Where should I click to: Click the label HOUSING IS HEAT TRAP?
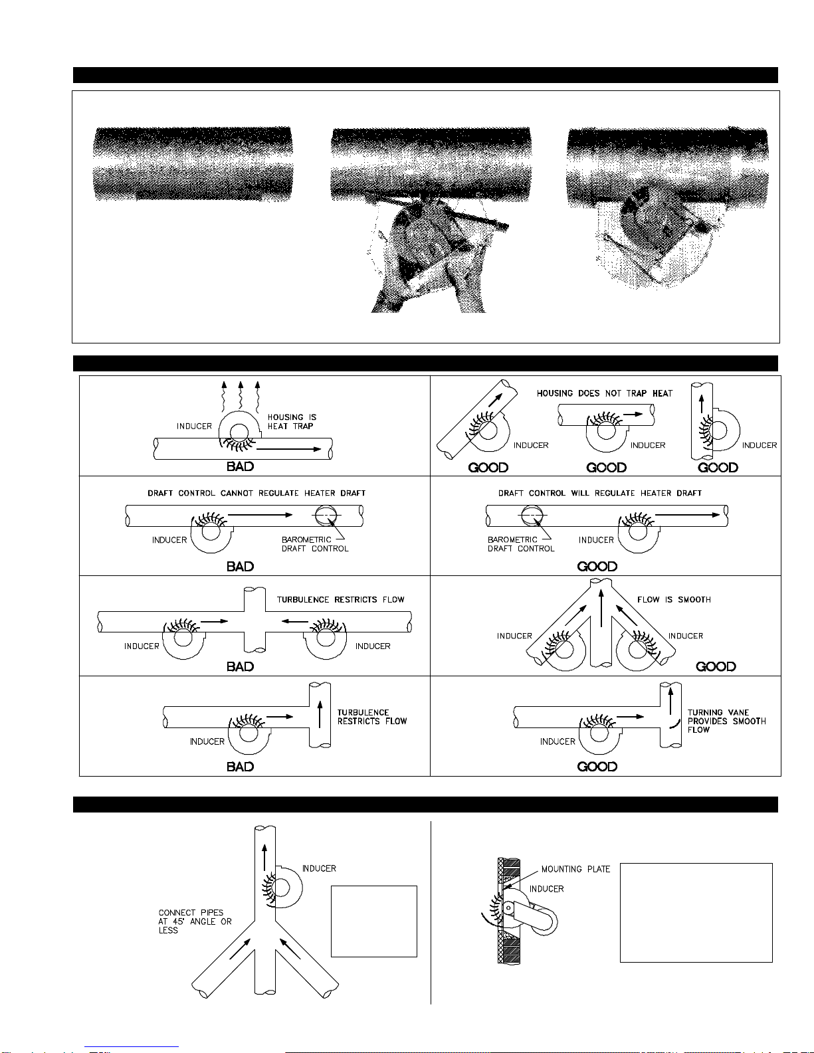tap(292, 422)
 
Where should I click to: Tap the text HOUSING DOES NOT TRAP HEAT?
tap(604, 393)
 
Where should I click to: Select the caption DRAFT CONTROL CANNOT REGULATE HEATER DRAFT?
tap(256, 494)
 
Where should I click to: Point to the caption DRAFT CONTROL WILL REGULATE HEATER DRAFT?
tap(600, 494)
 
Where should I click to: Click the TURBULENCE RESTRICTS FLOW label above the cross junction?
tap(340, 600)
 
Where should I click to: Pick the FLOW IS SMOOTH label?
tap(674, 600)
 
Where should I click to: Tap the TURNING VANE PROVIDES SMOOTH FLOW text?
tap(727, 721)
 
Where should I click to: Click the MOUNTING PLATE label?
tap(575, 870)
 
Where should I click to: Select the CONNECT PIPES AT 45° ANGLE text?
tap(195, 921)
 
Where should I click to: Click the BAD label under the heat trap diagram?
tap(241, 466)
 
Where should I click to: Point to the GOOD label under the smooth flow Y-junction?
tap(716, 667)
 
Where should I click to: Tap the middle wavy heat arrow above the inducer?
tap(241, 395)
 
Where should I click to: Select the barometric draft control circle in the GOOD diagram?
tap(532, 515)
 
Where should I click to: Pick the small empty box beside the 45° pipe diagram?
tap(374, 921)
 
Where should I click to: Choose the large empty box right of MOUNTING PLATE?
tap(696, 913)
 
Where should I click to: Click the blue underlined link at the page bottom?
tap(132, 1048)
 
